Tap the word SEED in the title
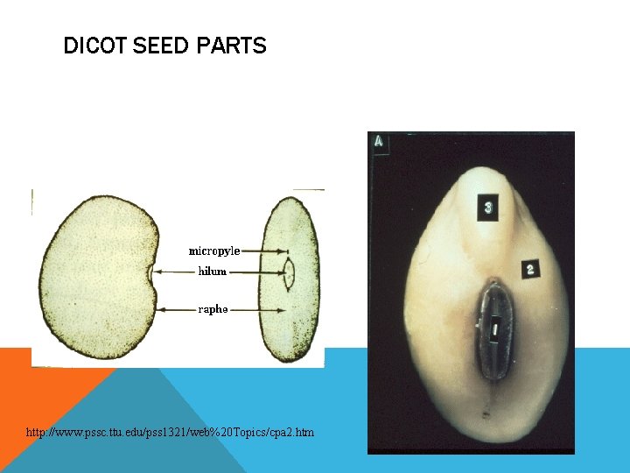161,46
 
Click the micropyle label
214,251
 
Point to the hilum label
212,272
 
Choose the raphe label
213,309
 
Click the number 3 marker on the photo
487,208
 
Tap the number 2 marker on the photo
530,269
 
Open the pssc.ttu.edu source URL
170,433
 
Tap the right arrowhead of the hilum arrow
283,272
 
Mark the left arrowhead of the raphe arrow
158,309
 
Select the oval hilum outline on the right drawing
289,272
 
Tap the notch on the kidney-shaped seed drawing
153,283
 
